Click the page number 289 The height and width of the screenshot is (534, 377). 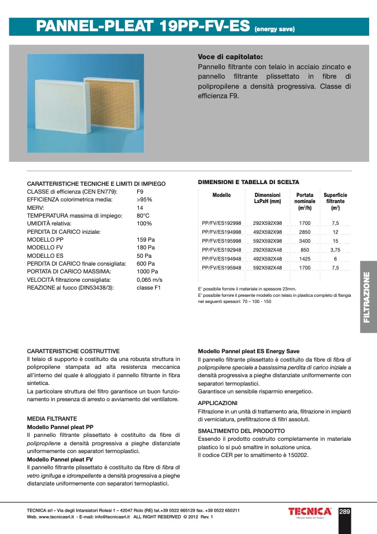(345, 511)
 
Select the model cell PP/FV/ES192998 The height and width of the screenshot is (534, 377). (221, 223)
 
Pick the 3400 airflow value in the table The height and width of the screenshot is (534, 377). (304, 240)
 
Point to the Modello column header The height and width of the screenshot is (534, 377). (221, 195)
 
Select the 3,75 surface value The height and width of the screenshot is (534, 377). (335, 249)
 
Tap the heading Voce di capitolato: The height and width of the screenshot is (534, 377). (230, 57)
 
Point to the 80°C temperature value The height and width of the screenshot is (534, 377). (143, 215)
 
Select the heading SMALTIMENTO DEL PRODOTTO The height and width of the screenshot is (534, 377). (241, 431)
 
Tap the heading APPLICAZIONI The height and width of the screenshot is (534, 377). (218, 402)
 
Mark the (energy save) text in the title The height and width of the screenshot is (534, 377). (274, 29)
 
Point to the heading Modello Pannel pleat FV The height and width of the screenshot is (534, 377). (60, 459)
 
